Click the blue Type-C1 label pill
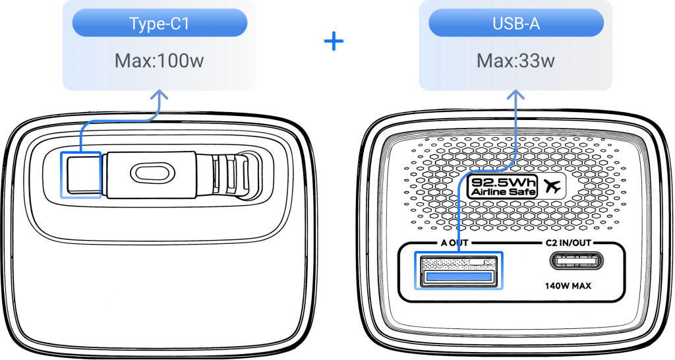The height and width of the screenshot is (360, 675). pyautogui.click(x=160, y=24)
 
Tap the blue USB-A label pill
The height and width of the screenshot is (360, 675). pyautogui.click(x=516, y=24)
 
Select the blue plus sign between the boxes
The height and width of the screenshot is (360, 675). pyautogui.click(x=334, y=42)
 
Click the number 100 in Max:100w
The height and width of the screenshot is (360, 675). pyautogui.click(x=173, y=61)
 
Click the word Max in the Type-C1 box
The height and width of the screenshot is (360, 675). pyautogui.click(x=131, y=61)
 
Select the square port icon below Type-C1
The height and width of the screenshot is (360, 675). pyautogui.click(x=80, y=175)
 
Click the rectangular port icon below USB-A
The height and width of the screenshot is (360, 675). pyautogui.click(x=458, y=270)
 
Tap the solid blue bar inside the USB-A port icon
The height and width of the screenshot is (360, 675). pyautogui.click(x=459, y=276)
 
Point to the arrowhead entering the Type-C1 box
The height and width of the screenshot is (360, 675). pyautogui.click(x=159, y=96)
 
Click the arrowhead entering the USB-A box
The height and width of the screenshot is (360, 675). pyautogui.click(x=515, y=96)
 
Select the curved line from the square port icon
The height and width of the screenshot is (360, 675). pyautogui.click(x=112, y=121)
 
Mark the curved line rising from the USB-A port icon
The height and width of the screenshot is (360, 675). pyautogui.click(x=488, y=171)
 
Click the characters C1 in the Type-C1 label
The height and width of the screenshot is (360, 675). pyautogui.click(x=181, y=24)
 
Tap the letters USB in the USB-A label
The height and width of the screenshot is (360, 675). pyautogui.click(x=506, y=24)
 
